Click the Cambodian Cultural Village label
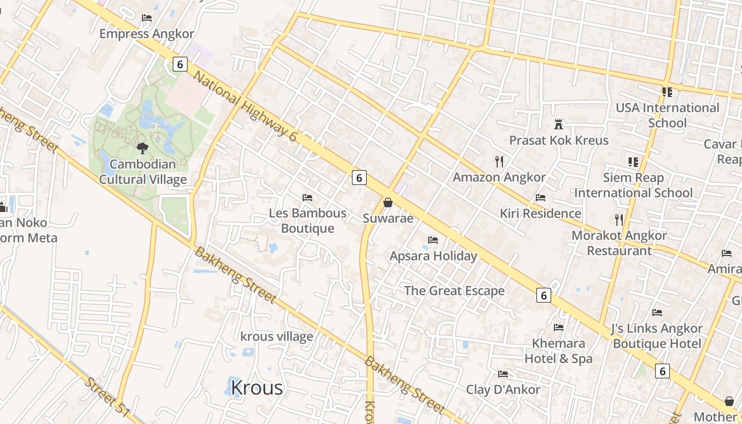(143, 172)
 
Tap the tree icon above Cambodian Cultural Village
(142, 148)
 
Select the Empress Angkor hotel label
(147, 34)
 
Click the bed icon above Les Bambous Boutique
(307, 198)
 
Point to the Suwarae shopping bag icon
(388, 202)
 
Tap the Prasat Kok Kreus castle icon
(558, 125)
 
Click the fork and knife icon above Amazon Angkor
(499, 161)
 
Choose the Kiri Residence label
(541, 214)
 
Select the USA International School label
(667, 116)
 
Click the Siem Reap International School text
(633, 185)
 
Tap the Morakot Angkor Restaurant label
(619, 243)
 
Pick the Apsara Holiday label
(434, 256)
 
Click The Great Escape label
(454, 290)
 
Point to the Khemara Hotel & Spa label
(559, 351)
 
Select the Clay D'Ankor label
(503, 390)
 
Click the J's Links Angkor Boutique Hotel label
(657, 336)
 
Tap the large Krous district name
(257, 388)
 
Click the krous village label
(277, 337)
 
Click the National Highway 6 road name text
(245, 106)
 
